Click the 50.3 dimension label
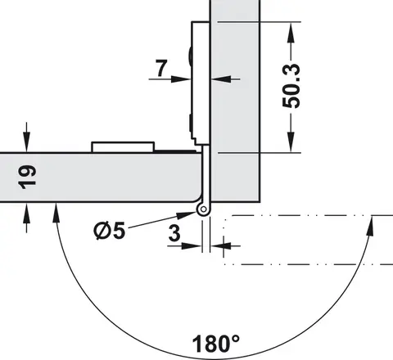point(291,86)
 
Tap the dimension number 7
point(161,68)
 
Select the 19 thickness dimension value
point(27,177)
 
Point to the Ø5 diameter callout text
point(110,231)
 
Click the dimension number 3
point(174,233)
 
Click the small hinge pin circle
point(203,209)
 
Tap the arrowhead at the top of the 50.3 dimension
point(291,31)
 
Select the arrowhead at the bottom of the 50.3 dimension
point(291,142)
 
